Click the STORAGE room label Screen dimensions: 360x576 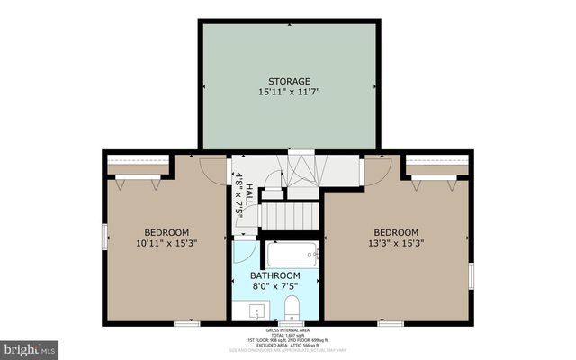288,80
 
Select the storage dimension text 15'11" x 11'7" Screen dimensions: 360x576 288,92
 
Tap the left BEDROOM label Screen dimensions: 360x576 166,230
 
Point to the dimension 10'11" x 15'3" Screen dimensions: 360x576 166,242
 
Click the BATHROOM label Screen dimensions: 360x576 275,275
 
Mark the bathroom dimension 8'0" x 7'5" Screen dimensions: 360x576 275,287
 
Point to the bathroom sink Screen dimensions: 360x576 257,311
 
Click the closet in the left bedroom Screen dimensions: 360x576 136,169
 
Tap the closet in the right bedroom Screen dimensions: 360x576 436,169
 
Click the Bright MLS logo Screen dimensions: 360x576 30,346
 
